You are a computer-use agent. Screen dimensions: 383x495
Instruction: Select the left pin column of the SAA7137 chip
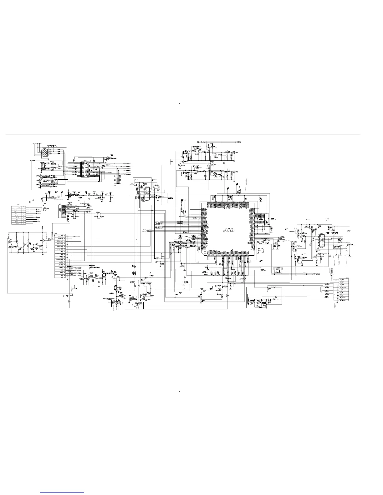coord(202,227)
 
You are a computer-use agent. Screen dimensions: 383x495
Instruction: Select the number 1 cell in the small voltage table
coord(24,224)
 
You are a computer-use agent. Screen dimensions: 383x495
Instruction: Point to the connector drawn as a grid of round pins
coord(45,153)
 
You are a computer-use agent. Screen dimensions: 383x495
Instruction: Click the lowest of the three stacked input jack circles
coord(40,185)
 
